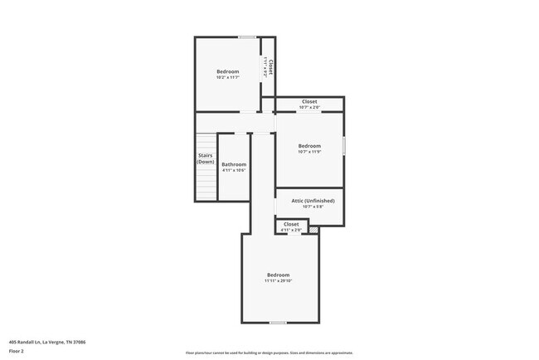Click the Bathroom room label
234,164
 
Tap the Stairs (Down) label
206,158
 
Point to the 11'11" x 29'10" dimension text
279,281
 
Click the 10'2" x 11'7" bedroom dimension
228,78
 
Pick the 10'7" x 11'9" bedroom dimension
309,152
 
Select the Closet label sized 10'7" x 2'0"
308,102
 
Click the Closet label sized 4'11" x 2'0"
291,224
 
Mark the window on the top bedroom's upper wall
246,36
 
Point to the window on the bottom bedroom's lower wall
279,323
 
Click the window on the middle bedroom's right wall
344,146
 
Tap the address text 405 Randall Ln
47,342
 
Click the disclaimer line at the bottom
269,353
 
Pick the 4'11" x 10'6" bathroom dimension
234,170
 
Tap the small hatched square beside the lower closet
313,230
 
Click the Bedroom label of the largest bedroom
279,275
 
